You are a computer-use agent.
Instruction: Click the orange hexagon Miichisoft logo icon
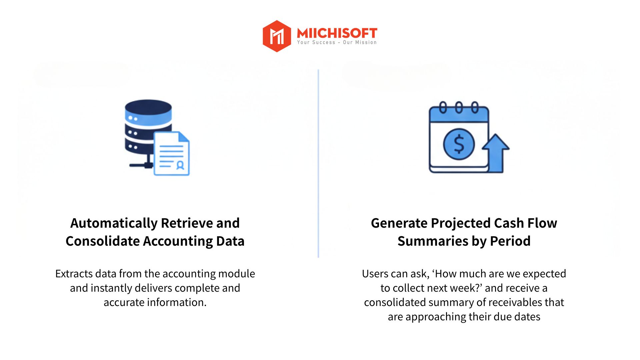[277, 36]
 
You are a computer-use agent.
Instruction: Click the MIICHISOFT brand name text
[337, 33]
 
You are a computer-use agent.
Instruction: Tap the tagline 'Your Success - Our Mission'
[337, 42]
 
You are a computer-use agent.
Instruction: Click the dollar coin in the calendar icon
[459, 144]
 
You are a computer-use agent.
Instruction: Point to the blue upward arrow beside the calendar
[496, 152]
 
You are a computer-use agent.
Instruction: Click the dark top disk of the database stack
[148, 107]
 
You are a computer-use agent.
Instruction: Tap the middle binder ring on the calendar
[459, 108]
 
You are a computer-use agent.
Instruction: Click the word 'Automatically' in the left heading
[114, 223]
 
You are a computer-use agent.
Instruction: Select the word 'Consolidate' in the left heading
[102, 241]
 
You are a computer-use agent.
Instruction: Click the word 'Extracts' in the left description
[74, 274]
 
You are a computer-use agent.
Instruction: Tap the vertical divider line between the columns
[318, 163]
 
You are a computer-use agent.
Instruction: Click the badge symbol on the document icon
[180, 165]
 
